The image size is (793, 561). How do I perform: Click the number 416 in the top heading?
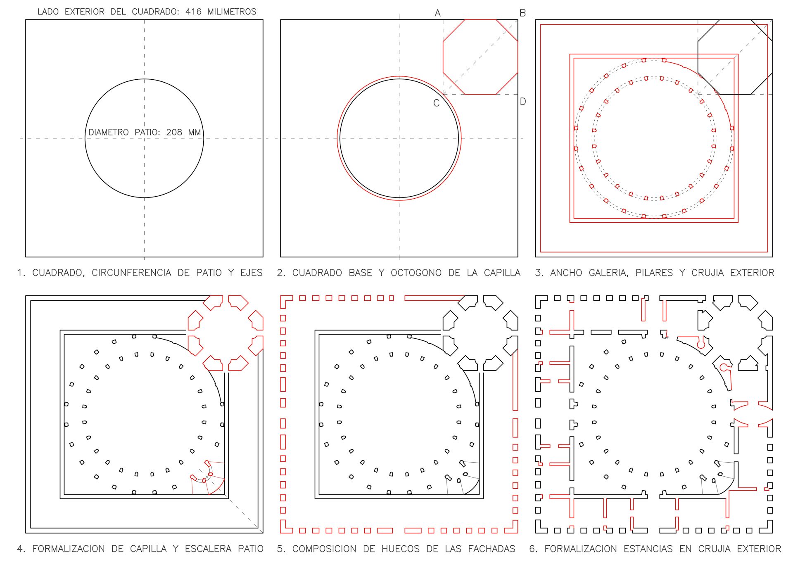point(193,12)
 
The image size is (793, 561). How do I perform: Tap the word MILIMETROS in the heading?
point(232,12)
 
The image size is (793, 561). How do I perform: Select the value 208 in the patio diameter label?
point(174,132)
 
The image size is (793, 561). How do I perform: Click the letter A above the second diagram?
point(438,13)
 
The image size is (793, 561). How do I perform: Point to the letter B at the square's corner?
point(522,13)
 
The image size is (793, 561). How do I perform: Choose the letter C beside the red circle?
point(436,103)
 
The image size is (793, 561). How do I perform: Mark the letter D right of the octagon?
point(523,102)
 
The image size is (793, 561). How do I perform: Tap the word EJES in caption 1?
point(251,273)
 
